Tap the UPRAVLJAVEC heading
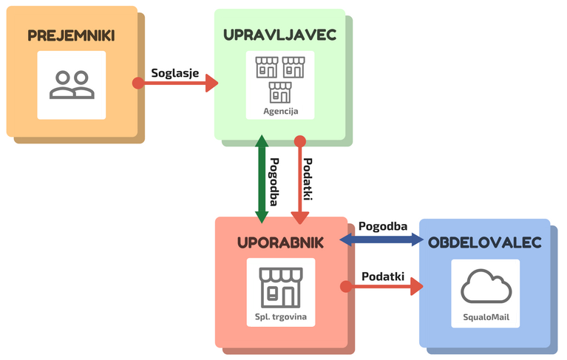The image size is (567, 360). click(280, 35)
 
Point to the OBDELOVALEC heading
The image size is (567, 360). click(485, 242)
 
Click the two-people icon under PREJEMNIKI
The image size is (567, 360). click(72, 84)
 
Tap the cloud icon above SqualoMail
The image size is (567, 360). click(485, 287)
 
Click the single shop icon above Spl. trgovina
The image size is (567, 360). click(280, 288)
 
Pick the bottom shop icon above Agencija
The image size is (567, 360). click(280, 92)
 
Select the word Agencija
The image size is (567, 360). click(280, 112)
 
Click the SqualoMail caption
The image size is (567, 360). click(485, 319)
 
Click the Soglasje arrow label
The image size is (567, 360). click(175, 72)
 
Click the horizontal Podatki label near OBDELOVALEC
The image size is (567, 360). click(383, 276)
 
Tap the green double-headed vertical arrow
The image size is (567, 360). click(261, 180)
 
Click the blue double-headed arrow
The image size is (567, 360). click(382, 240)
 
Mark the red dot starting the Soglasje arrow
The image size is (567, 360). click(137, 84)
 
